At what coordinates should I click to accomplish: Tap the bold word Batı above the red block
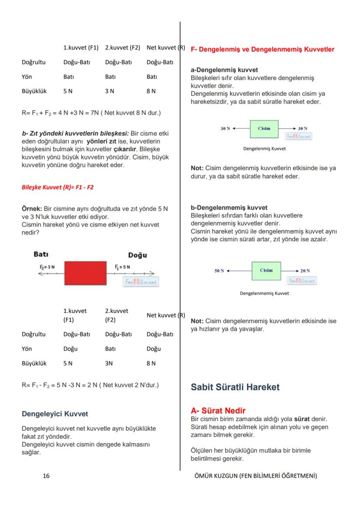[40, 253]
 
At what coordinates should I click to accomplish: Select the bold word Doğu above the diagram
[137, 255]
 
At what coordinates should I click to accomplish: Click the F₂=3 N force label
[45, 266]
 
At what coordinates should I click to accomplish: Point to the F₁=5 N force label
[123, 266]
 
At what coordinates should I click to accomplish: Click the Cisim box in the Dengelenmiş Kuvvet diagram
[264, 129]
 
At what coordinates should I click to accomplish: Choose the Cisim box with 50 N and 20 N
[266, 271]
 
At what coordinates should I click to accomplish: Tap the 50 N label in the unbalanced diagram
[219, 271]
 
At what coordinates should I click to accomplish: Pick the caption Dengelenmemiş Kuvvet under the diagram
[264, 293]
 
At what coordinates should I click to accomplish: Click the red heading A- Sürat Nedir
[218, 410]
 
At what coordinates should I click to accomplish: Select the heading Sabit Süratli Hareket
[235, 387]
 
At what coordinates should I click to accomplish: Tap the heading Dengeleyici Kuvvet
[55, 414]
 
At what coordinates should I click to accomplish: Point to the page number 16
[46, 476]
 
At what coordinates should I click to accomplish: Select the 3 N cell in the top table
[110, 91]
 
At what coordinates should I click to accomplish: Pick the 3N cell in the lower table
[109, 363]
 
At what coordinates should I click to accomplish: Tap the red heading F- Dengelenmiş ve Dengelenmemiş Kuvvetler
[263, 50]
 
